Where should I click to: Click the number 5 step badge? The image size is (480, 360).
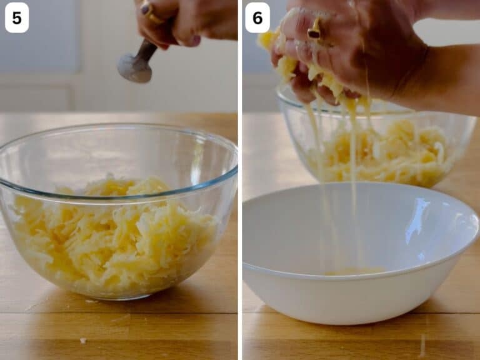(x=17, y=17)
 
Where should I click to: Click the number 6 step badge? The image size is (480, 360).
(x=257, y=17)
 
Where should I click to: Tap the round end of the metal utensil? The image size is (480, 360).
(x=135, y=69)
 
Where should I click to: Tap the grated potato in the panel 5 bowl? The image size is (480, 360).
(x=113, y=232)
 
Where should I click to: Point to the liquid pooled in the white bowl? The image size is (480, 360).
(x=355, y=271)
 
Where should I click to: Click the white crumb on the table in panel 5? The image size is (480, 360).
(x=82, y=341)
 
